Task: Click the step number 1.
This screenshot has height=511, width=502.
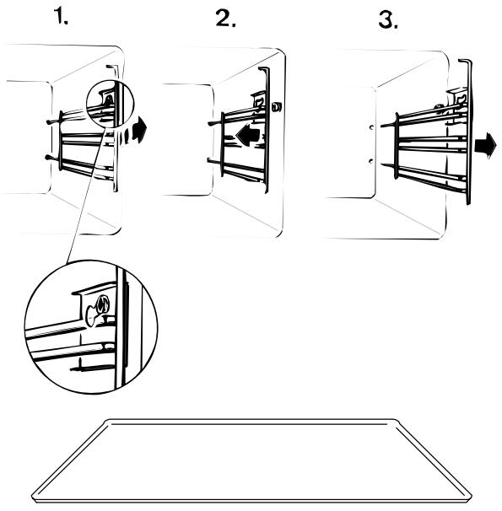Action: [x=61, y=17]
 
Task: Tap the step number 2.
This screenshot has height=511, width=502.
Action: [x=225, y=19]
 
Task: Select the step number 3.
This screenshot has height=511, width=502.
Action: [x=388, y=20]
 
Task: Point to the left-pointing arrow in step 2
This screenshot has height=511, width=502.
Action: [x=248, y=134]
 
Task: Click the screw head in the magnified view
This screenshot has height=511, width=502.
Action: [x=102, y=304]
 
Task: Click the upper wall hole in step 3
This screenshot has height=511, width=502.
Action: [x=371, y=127]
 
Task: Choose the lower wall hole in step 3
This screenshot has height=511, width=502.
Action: [x=370, y=161]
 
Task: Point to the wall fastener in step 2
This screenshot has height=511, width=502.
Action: [x=277, y=107]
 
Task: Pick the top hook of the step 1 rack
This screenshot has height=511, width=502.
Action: [x=111, y=67]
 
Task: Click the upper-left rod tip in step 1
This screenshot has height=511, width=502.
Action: [x=48, y=122]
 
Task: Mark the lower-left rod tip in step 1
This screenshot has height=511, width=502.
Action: [x=47, y=158]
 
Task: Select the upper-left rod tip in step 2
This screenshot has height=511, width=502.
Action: [x=210, y=123]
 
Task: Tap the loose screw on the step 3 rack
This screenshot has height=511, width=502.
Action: [x=439, y=106]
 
